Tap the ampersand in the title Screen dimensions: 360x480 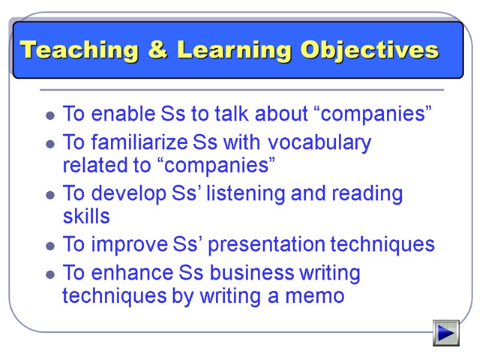[157, 50]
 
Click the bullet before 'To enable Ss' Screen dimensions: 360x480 [51, 115]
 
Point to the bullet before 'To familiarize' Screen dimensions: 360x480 [51, 145]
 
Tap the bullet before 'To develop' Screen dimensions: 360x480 [51, 196]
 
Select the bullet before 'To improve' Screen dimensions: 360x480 [51, 246]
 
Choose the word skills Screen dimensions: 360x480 [86, 216]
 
